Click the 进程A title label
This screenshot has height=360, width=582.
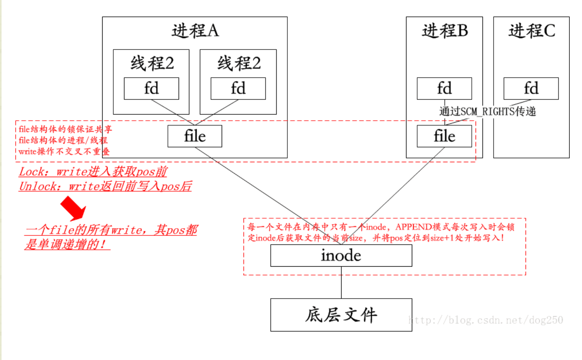click(x=195, y=31)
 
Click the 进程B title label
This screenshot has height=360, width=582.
click(x=444, y=31)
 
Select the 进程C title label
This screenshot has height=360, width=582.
click(x=531, y=31)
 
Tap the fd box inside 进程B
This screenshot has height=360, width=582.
click(x=444, y=88)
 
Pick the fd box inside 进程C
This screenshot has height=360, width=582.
click(x=531, y=88)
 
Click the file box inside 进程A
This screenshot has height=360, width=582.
click(x=195, y=136)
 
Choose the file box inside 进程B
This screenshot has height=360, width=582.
click(x=444, y=136)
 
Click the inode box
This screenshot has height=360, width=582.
click(x=341, y=255)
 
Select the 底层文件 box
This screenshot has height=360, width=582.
click(x=341, y=315)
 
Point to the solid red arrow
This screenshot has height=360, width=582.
click(x=73, y=208)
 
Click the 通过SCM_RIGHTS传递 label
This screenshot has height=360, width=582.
click(x=487, y=111)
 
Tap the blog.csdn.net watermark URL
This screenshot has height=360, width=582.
click(x=486, y=320)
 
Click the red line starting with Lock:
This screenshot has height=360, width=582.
click(x=93, y=171)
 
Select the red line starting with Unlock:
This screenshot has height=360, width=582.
click(x=105, y=186)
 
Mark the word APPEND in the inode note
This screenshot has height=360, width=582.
click(x=413, y=227)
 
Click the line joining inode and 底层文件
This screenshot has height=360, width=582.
click(x=341, y=282)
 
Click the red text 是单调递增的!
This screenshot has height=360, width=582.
click(x=65, y=244)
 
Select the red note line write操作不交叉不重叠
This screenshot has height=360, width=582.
click(x=64, y=151)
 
